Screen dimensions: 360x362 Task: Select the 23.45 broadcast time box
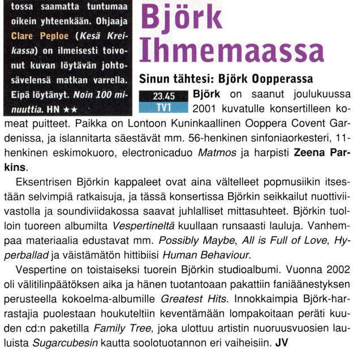click(x=163, y=97)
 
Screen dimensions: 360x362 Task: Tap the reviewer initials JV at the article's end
click(x=282, y=342)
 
